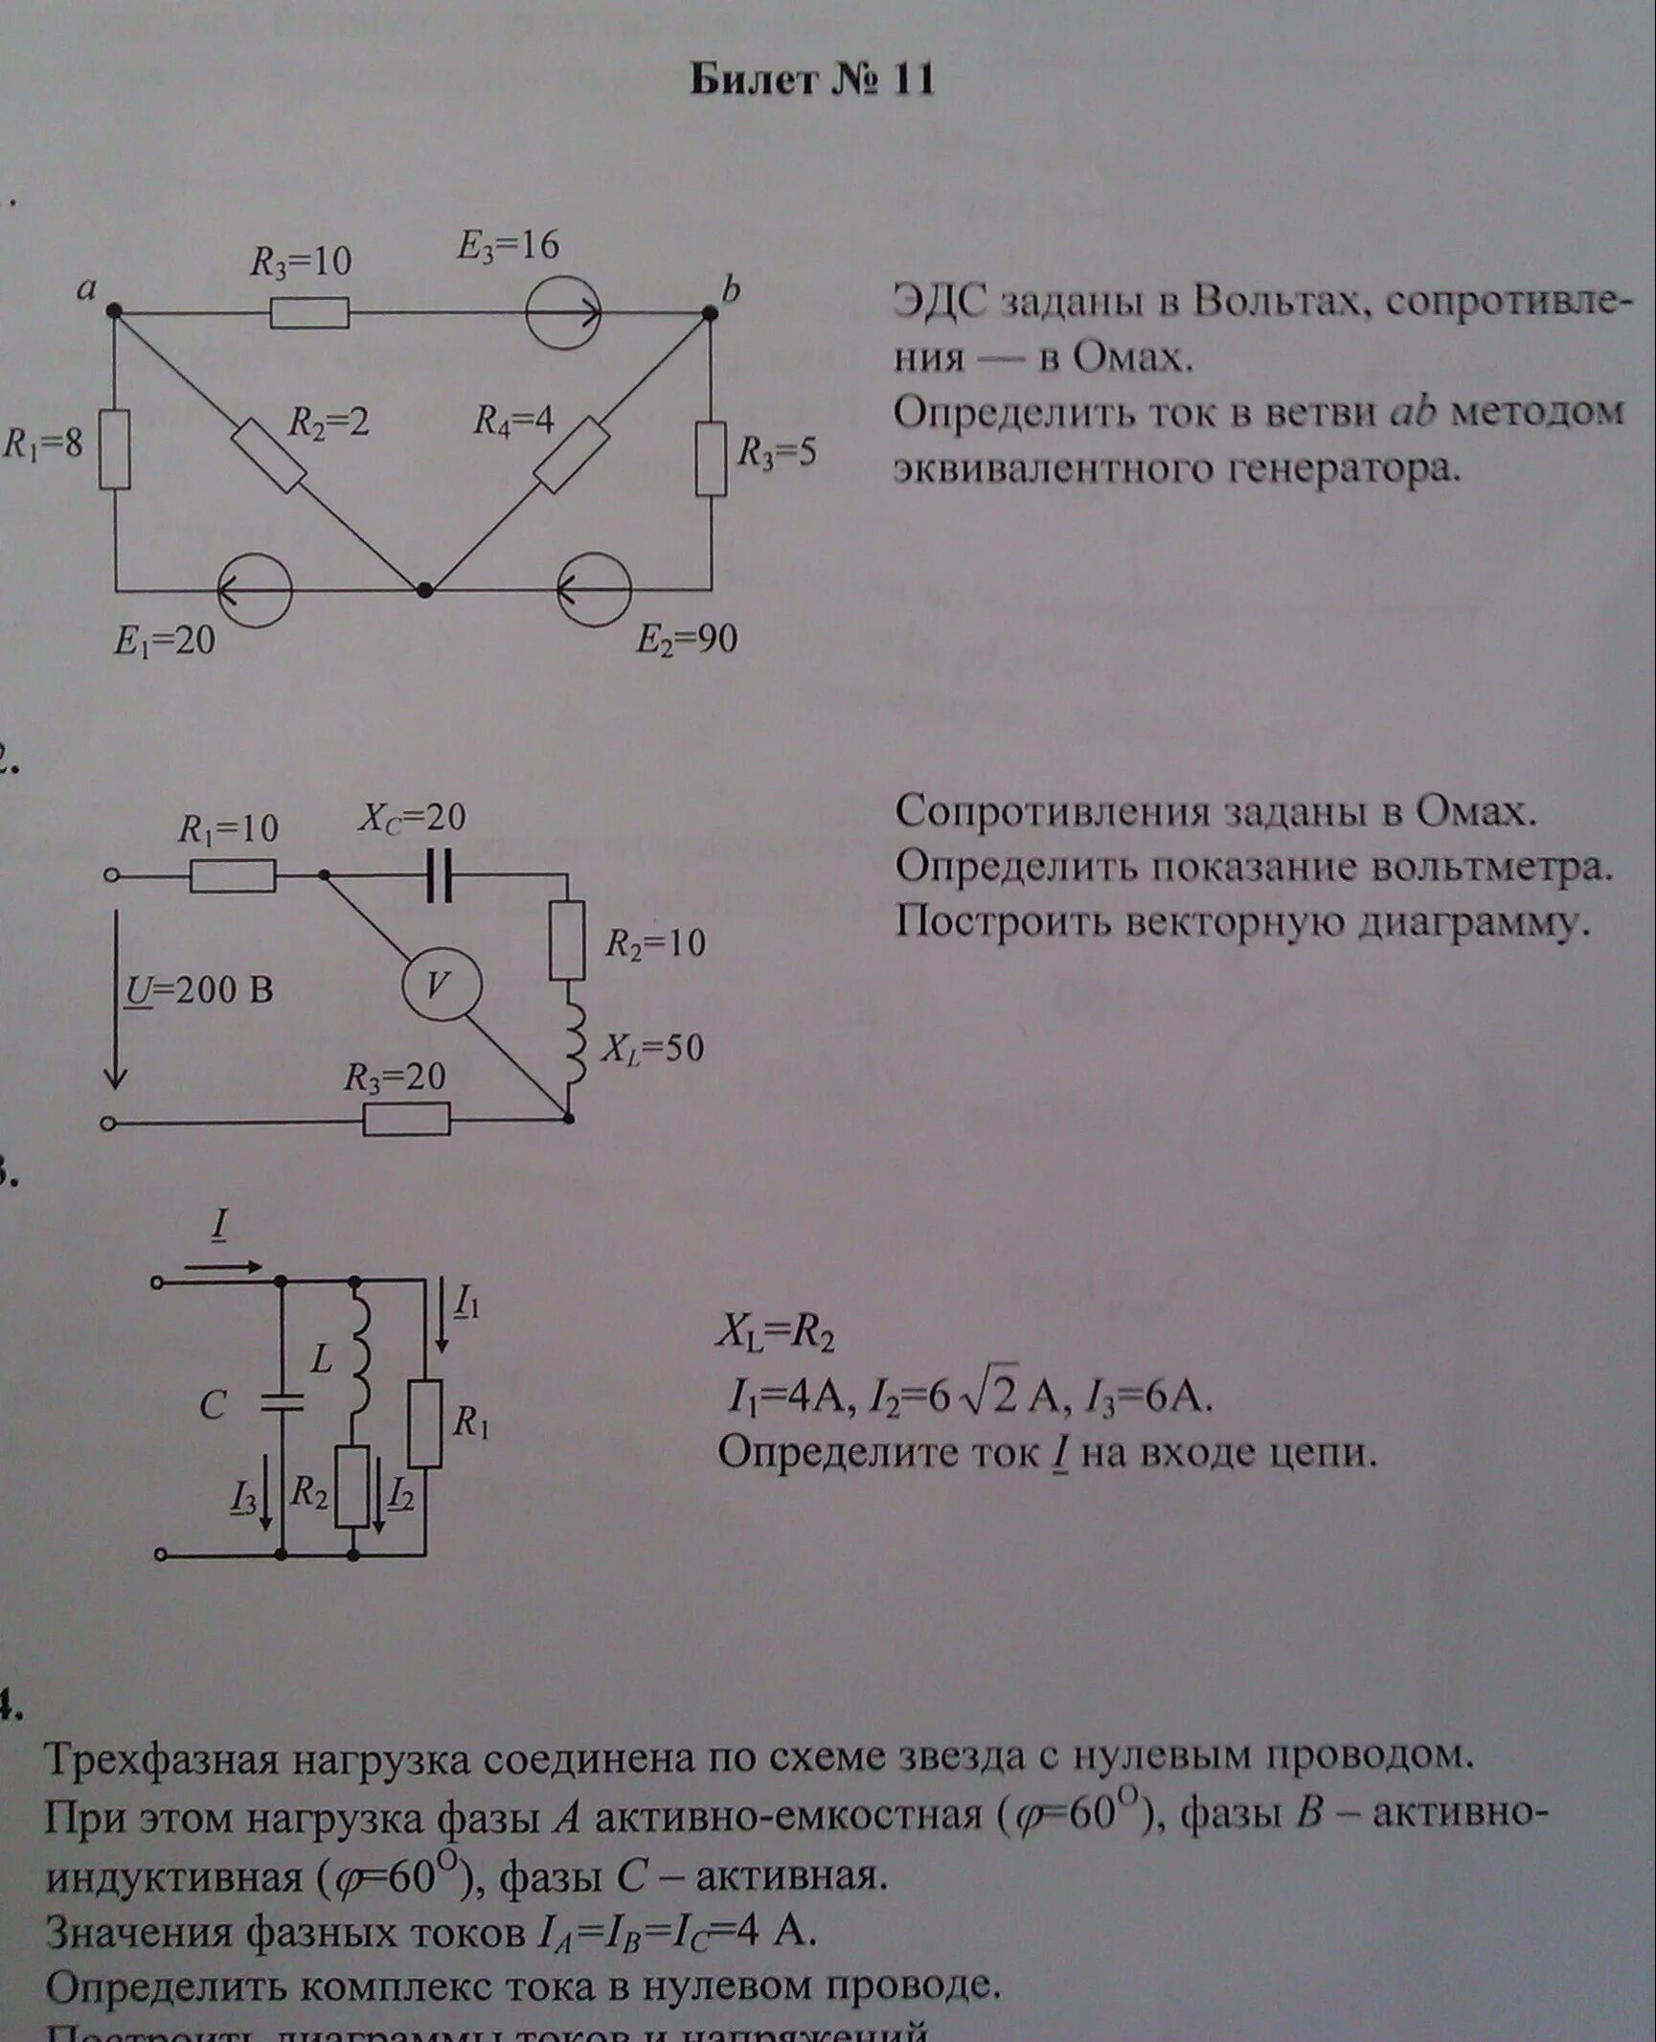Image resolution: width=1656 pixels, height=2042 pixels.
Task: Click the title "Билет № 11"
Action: point(811,80)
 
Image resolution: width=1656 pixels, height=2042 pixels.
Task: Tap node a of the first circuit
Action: point(114,310)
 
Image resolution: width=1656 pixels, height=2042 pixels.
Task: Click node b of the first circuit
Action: point(710,312)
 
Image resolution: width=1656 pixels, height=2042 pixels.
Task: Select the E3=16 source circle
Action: point(564,312)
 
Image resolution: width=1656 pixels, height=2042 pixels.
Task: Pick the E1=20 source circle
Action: point(254,590)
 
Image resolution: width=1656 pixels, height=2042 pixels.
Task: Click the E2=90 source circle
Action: point(595,590)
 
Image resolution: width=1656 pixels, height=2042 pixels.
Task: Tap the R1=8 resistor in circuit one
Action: point(115,449)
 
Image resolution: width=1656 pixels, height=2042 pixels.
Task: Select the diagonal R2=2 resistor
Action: point(268,455)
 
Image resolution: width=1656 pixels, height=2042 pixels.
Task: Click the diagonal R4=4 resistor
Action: point(571,455)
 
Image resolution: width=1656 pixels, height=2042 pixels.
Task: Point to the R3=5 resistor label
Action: point(776,452)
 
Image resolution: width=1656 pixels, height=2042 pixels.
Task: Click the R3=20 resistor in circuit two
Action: point(406,1119)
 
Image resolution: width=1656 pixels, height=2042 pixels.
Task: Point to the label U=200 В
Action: point(199,988)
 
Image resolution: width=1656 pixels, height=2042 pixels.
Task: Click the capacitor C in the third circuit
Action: point(282,1403)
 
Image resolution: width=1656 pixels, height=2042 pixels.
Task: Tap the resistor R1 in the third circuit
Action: point(425,1423)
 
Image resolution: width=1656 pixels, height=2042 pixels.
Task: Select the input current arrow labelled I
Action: point(222,1266)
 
